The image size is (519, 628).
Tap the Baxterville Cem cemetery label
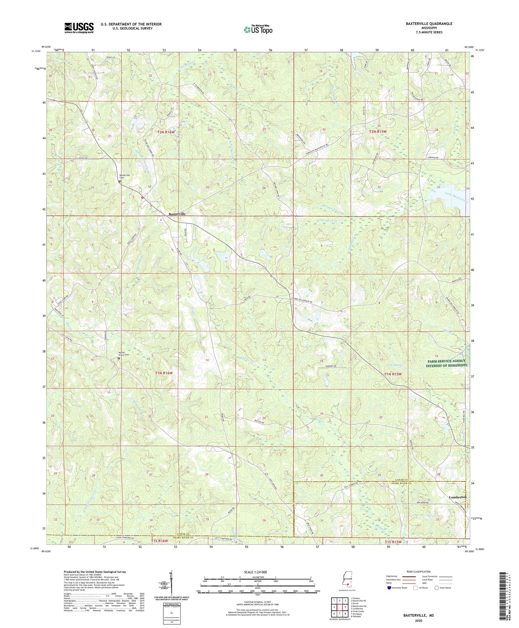[x=124, y=176]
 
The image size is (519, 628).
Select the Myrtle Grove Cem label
[x=124, y=353]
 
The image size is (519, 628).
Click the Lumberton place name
[x=457, y=497]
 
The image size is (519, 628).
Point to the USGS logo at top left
[x=79, y=28]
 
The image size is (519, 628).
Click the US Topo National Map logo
[x=258, y=29]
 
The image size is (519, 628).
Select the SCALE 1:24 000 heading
[x=258, y=572]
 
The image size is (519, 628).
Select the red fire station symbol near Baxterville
[x=142, y=197]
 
